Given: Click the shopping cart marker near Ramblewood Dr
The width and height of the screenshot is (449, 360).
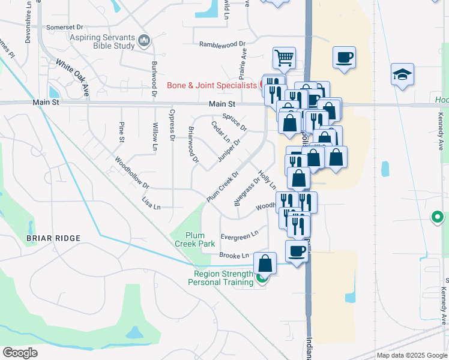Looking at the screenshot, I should coord(284,58).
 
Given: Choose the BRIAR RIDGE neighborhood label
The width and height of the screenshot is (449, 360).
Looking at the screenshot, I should coord(53,238).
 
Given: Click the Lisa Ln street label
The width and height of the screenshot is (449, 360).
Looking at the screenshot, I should coord(151,203).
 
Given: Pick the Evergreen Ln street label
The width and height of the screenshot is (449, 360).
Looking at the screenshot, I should coord(240,234).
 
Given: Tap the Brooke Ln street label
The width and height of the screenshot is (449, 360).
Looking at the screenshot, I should coord(234,256).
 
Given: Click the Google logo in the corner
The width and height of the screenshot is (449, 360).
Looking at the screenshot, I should coord(20,353).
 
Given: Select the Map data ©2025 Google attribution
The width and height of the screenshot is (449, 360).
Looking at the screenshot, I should coord(412,355).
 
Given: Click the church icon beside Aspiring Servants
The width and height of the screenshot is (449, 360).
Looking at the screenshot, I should coord(143,41).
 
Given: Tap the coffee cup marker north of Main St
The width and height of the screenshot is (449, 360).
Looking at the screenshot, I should coord(344,58).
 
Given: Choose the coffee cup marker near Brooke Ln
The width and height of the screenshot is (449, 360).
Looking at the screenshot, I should coord(297,251).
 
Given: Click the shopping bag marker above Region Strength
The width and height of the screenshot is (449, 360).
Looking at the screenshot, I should coord(265,263).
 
